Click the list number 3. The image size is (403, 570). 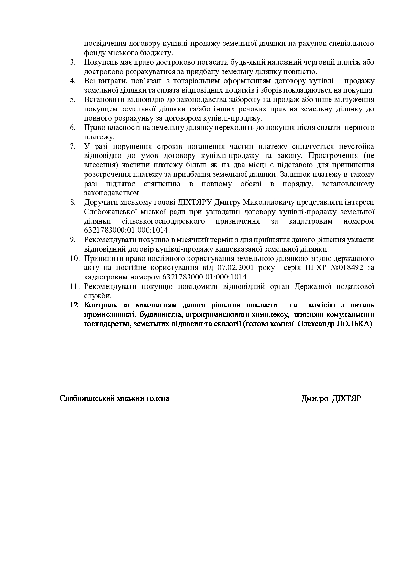[x=73, y=62]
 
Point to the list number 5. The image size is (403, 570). [x=73, y=99]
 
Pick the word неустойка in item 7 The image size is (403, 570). [x=357, y=146]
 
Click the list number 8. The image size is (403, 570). [x=73, y=202]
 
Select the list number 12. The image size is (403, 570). [x=75, y=305]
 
